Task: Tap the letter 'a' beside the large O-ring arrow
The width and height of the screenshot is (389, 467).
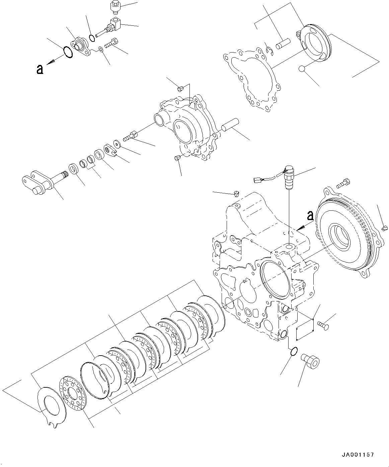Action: point(40,69)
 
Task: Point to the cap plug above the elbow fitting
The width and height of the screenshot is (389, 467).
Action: point(115,5)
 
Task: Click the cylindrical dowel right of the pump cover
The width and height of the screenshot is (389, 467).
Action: point(230,124)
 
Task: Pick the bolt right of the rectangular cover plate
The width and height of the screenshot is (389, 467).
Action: point(323,324)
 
